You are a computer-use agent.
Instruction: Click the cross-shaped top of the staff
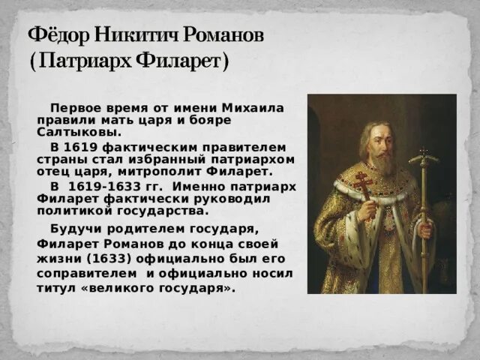coord(424,158)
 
